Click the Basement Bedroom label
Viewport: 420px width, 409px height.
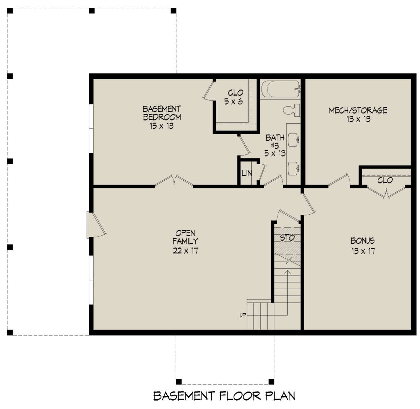click(x=162, y=113)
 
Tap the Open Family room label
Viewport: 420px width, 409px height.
click(x=185, y=237)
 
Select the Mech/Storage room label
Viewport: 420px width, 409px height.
click(x=358, y=111)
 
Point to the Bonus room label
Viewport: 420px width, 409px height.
click(x=363, y=241)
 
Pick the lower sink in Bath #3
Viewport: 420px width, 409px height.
click(x=293, y=169)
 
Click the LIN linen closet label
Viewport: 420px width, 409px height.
click(x=246, y=173)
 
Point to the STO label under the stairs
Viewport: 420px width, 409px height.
click(x=287, y=238)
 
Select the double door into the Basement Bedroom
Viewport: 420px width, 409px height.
click(x=174, y=181)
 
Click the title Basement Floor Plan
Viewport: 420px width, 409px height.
click(x=224, y=396)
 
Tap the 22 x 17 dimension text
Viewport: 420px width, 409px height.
click(x=185, y=250)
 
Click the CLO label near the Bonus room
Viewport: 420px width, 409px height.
click(x=385, y=181)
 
